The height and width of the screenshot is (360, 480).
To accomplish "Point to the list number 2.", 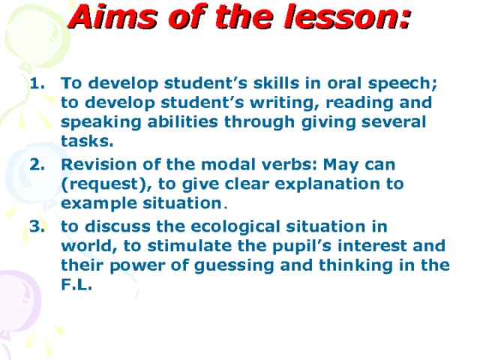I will click(35, 163).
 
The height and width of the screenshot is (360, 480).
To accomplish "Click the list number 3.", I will click(35, 225).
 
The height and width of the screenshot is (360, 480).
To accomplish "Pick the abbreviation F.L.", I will click(76, 286).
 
